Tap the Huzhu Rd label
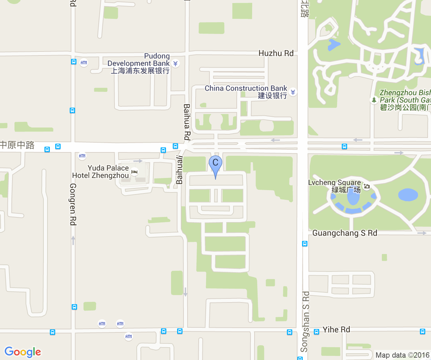276,53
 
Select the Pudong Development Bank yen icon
175,63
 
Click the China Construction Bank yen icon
293,92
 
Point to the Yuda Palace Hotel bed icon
134,172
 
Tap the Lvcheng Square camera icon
367,186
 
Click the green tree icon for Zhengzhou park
374,100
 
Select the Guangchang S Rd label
344,233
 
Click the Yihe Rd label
336,329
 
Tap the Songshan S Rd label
305,321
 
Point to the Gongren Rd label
73,204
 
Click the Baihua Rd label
187,122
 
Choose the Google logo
23,352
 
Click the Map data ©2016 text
402,355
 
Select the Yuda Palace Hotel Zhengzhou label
101,172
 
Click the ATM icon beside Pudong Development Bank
84,63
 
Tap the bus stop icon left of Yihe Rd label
317,332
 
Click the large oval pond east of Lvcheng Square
408,195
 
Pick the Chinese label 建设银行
272,96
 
